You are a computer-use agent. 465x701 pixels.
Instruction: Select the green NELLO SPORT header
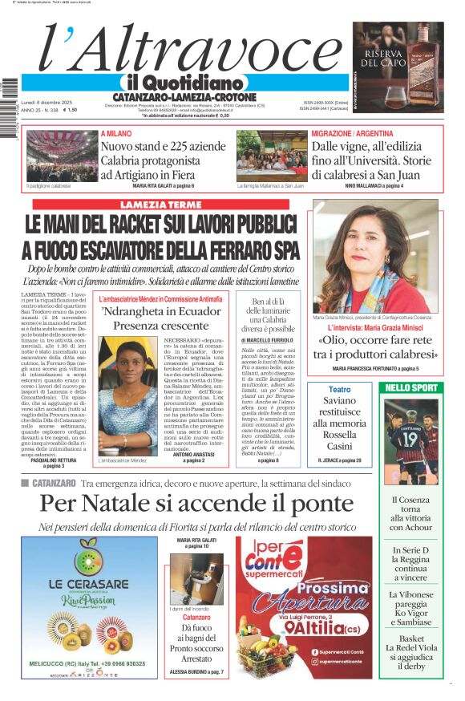[x=411, y=388]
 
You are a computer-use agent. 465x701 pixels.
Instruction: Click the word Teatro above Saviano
[x=340, y=388]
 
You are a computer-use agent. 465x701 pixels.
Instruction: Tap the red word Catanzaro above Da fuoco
[x=196, y=618]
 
